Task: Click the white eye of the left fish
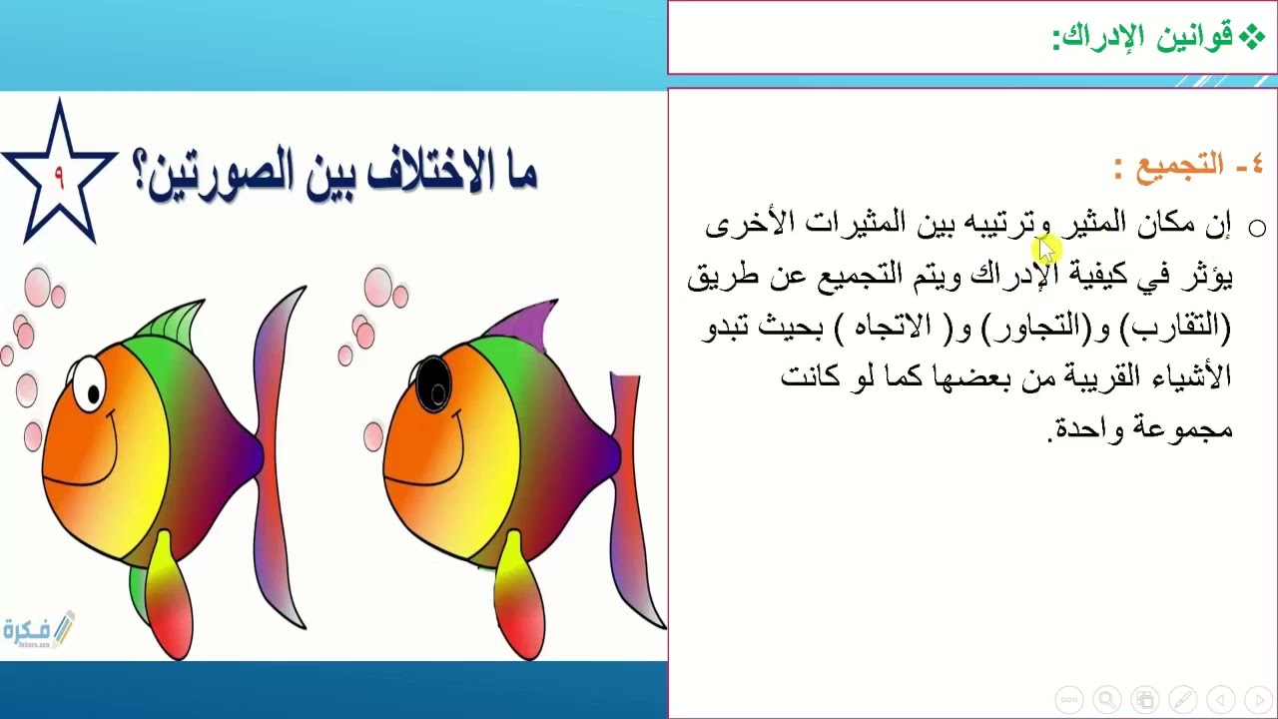pyautogui.click(x=88, y=382)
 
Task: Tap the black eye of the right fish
pyautogui.click(x=433, y=383)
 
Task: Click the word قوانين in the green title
pyautogui.click(x=1194, y=38)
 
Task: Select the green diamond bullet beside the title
pyautogui.click(x=1252, y=38)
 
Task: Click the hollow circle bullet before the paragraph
pyautogui.click(x=1257, y=229)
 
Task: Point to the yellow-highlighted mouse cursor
pyautogui.click(x=1045, y=250)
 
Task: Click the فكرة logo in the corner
pyautogui.click(x=38, y=630)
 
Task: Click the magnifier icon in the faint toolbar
pyautogui.click(x=1106, y=699)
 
